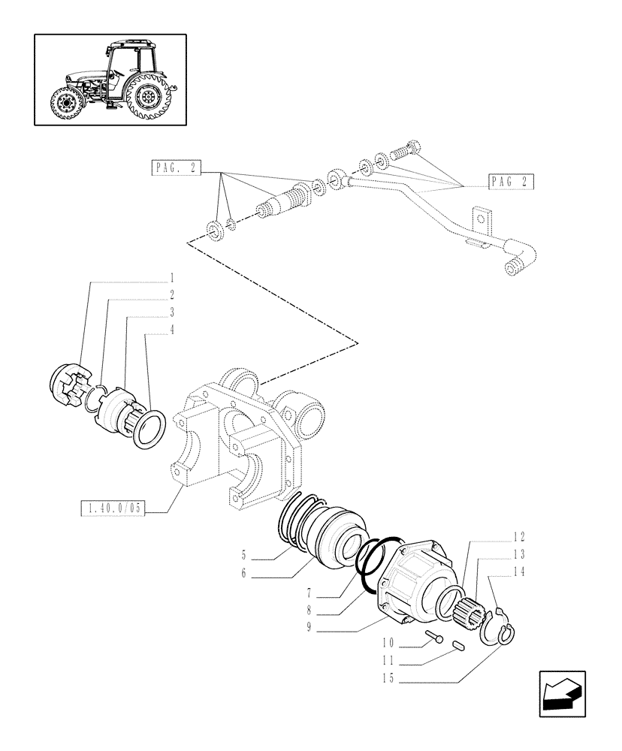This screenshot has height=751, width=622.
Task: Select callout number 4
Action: pos(172,329)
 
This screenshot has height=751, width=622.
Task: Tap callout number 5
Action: pos(244,556)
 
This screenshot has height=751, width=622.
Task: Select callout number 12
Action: pos(519,538)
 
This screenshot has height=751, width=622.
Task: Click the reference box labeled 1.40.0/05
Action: pos(111,509)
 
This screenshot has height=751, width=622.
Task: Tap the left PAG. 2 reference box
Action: pos(175,170)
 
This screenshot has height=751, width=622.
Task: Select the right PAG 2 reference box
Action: pos(512,181)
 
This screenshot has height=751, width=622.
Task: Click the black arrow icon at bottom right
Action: pos(563,695)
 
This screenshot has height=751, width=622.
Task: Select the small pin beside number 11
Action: pos(460,644)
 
